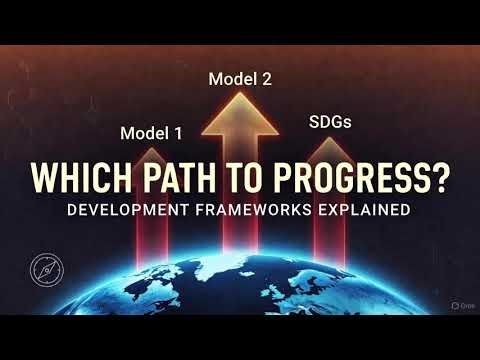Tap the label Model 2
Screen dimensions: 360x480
tap(240, 78)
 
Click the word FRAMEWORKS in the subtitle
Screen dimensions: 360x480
tap(262, 211)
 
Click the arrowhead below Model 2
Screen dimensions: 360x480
tap(240, 110)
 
